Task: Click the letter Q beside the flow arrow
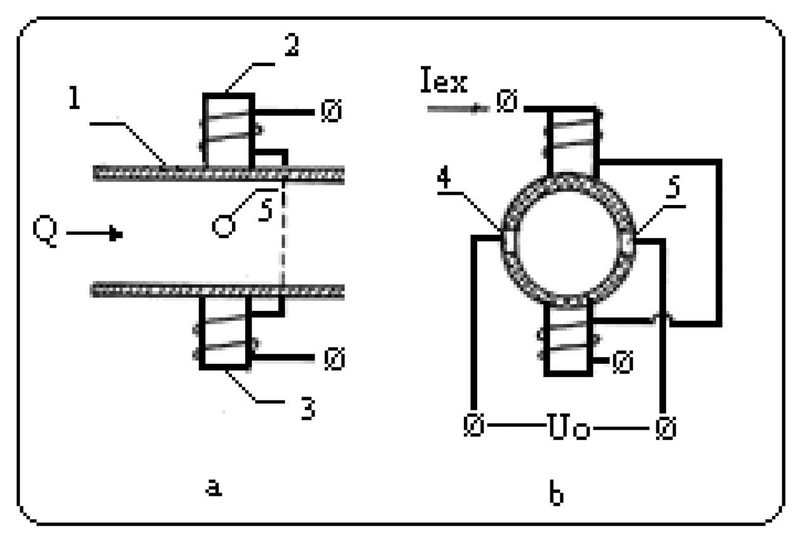46,233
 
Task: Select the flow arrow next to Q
95,234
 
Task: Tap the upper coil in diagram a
228,131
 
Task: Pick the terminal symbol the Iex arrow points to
506,103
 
